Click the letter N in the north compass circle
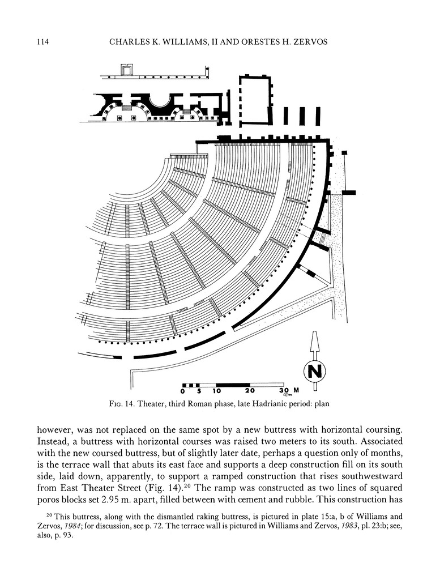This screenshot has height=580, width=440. [315, 371]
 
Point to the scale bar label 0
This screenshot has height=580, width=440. [183, 391]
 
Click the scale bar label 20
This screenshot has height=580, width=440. [250, 391]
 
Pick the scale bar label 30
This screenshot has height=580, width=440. [284, 391]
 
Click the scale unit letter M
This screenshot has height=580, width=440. [296, 391]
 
